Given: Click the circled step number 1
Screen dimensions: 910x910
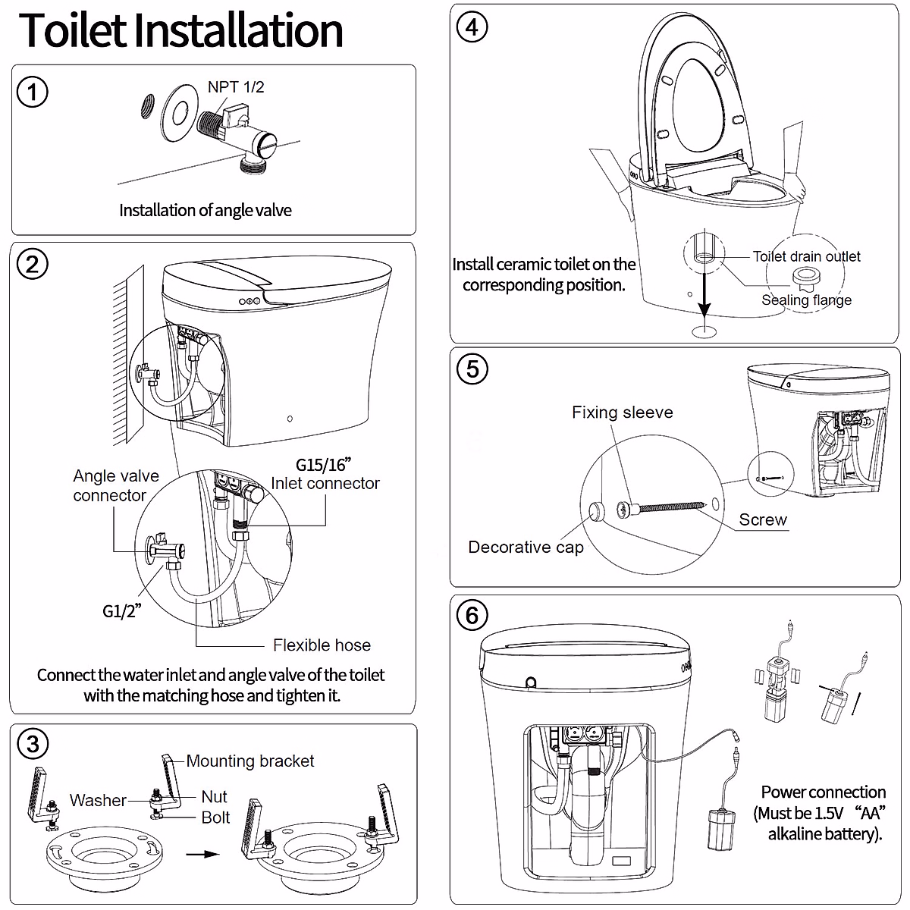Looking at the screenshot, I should (x=32, y=93).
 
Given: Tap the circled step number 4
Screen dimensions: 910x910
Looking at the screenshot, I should (x=472, y=28).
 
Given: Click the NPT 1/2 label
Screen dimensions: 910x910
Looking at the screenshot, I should (x=236, y=87).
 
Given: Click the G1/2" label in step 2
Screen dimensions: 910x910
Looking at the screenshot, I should (x=121, y=610).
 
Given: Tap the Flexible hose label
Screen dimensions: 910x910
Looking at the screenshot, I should (x=322, y=645).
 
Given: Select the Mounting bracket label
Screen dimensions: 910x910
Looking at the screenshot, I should (x=249, y=761).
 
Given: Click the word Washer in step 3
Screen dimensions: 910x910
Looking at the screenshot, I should (x=98, y=800).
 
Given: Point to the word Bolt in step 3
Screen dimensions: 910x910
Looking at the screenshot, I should (x=215, y=817).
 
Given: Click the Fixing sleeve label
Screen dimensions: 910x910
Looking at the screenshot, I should (x=622, y=413).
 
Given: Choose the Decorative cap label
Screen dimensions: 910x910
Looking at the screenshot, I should (x=526, y=548).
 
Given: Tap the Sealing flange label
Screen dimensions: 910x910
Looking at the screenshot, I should (x=806, y=300).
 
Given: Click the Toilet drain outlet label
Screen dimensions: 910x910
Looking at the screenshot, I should (x=806, y=256).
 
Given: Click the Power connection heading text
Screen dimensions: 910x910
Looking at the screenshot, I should (x=823, y=792).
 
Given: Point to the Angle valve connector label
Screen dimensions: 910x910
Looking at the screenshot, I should (x=115, y=485).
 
